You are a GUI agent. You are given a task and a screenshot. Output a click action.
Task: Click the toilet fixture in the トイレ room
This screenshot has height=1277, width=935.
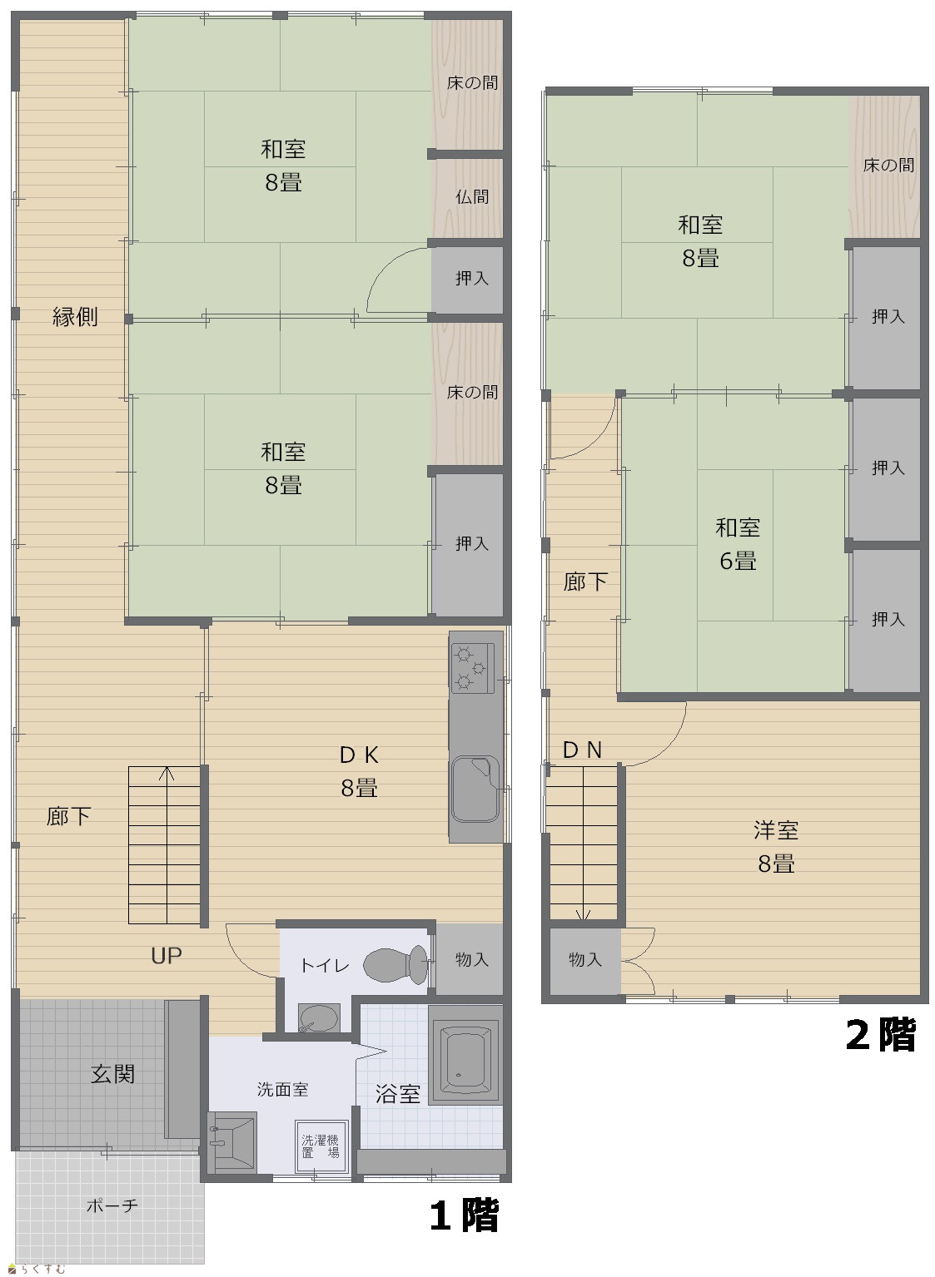point(395,964)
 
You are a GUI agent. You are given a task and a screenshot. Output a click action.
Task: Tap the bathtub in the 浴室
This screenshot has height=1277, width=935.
point(465,1055)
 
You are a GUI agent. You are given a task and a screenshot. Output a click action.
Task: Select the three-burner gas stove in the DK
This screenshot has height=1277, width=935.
point(473,667)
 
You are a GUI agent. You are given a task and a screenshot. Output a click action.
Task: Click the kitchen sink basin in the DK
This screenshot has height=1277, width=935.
point(475,789)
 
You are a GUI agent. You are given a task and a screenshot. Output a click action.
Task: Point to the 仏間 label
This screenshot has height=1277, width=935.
point(472,196)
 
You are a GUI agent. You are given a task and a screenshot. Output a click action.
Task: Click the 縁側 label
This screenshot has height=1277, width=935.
point(75,316)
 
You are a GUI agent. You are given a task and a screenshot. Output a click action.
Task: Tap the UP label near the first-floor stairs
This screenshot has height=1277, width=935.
point(166,956)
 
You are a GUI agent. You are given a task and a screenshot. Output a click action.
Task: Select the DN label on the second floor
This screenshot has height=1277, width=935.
point(582,750)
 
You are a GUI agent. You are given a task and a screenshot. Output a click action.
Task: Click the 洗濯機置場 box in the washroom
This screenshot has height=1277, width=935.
point(321,1146)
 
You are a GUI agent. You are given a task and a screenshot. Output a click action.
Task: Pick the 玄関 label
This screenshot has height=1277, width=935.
point(112,1074)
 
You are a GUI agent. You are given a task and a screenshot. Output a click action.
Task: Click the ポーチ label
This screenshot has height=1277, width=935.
point(112,1205)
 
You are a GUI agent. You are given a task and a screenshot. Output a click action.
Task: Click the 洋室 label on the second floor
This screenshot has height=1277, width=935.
point(776,830)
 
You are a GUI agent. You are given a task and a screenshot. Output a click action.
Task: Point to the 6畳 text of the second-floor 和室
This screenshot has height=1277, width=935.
point(738,561)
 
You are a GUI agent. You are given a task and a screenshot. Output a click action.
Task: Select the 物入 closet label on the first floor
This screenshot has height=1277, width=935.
point(471,959)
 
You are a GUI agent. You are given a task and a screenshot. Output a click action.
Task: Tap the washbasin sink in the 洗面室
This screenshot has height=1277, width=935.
point(231,1139)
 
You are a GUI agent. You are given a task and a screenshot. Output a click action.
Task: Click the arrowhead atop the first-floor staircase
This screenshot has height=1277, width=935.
point(167,774)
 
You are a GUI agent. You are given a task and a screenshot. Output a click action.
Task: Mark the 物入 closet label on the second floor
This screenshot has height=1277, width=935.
point(584,959)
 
